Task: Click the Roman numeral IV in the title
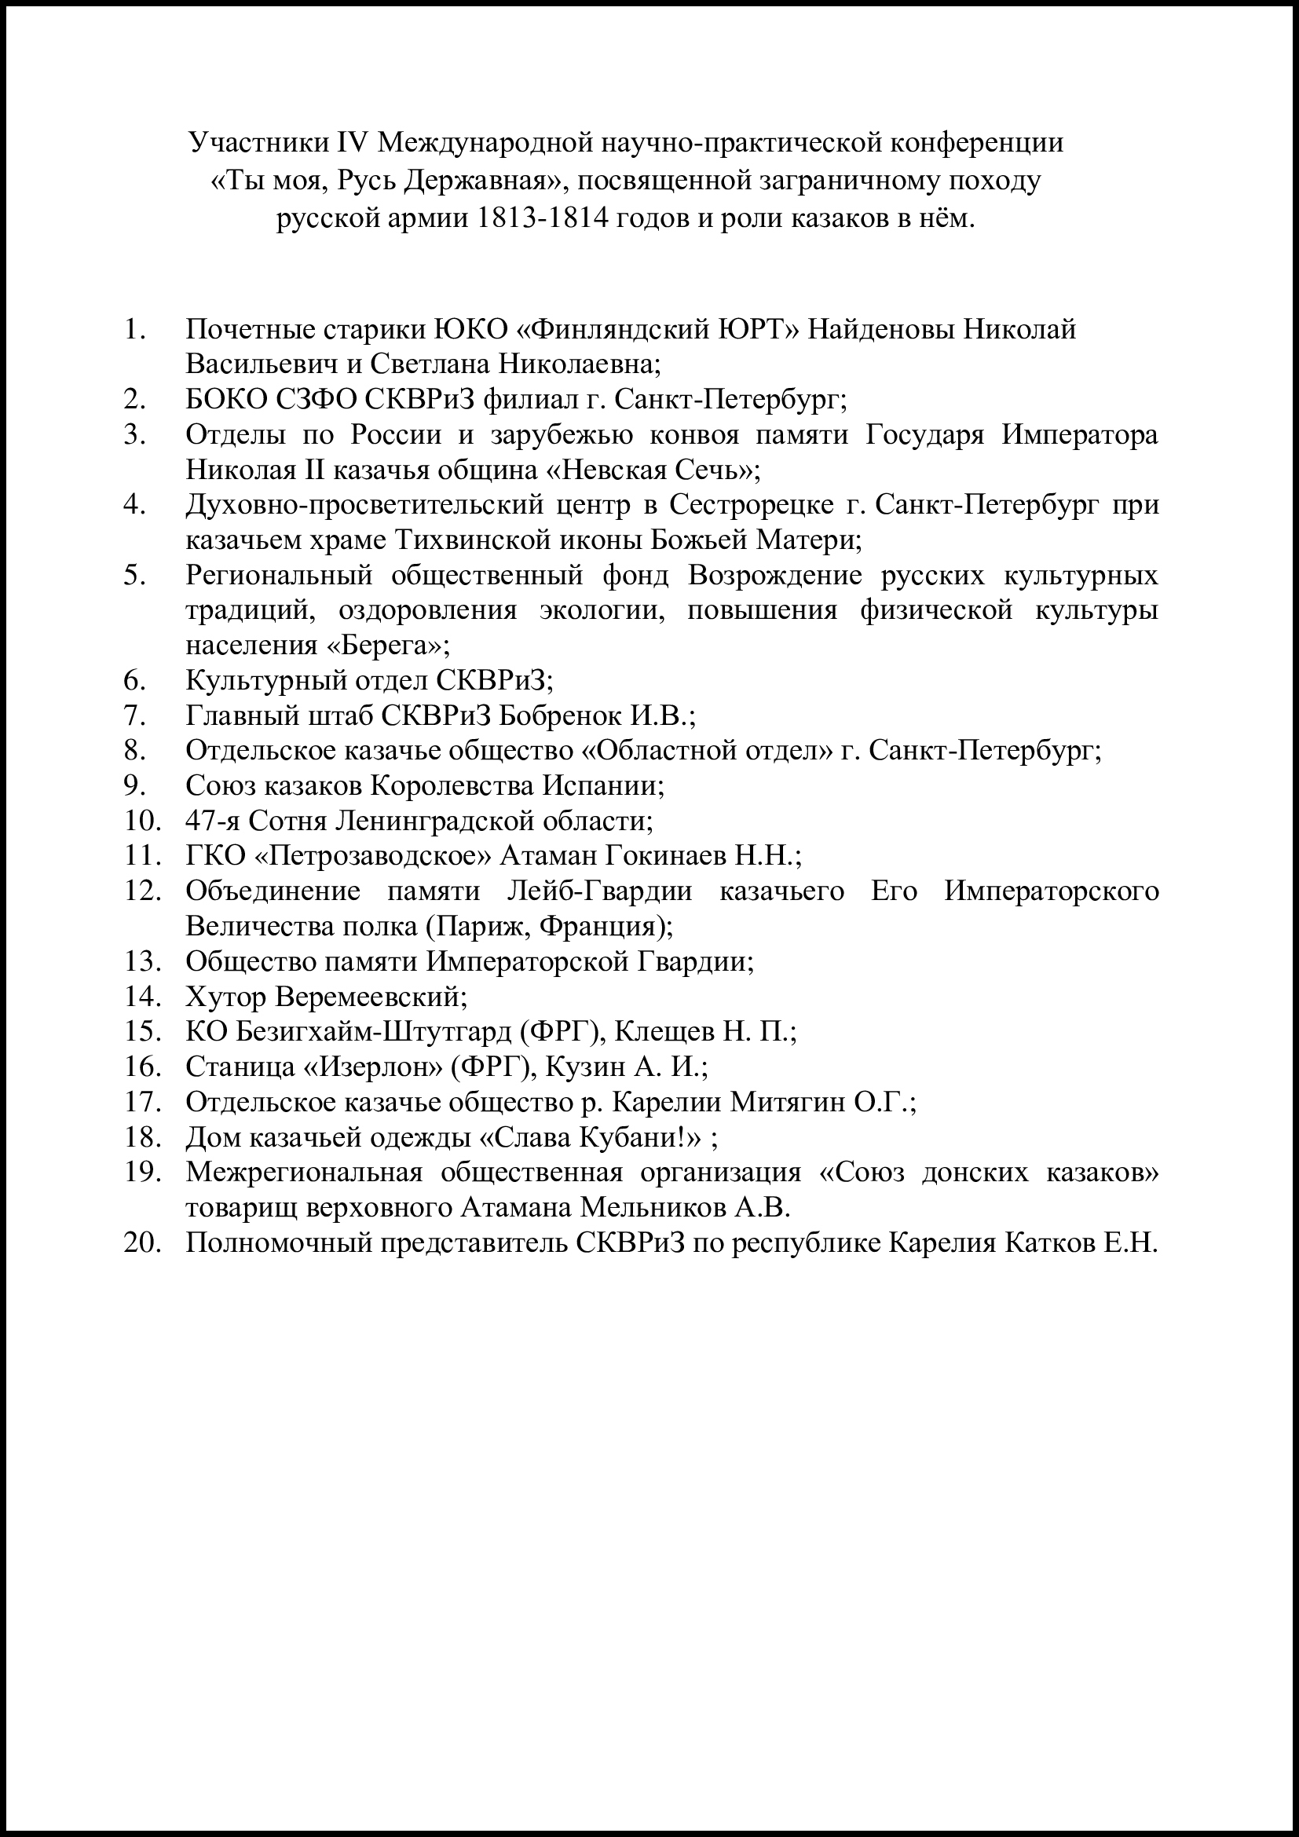(349, 142)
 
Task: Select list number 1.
(134, 329)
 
